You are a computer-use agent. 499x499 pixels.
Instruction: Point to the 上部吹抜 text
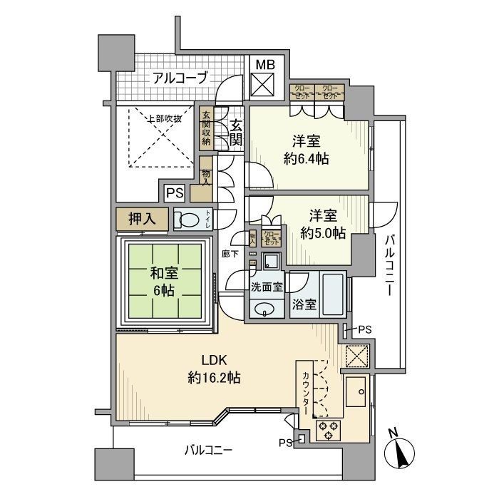click(x=164, y=118)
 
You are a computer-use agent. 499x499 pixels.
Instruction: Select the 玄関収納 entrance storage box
click(x=206, y=128)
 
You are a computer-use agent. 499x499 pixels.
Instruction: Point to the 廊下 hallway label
click(x=230, y=254)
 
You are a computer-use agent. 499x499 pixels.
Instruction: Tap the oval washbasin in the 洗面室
click(x=265, y=309)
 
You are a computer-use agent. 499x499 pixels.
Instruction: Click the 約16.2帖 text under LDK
click(x=213, y=377)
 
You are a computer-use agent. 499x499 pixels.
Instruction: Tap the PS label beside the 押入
click(x=174, y=192)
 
